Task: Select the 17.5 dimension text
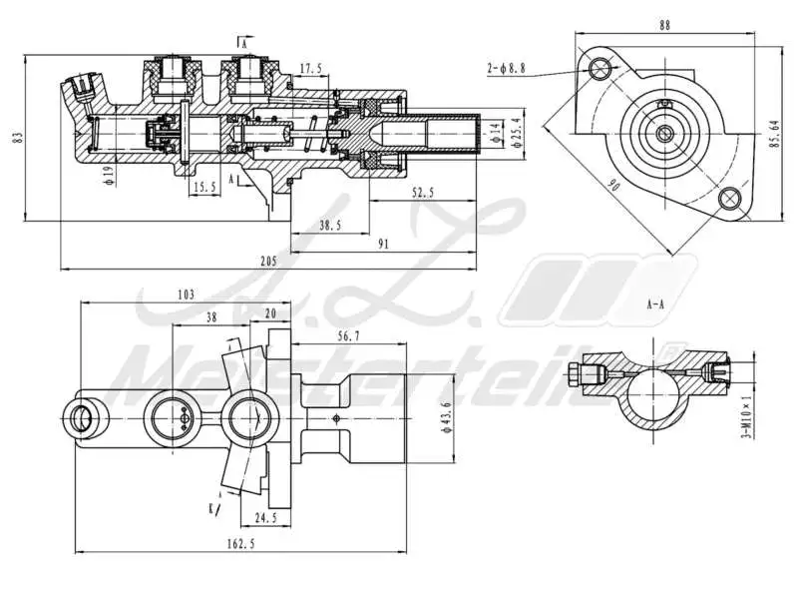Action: pyautogui.click(x=310, y=69)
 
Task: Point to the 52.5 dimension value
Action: pyautogui.click(x=421, y=194)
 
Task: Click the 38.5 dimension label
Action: pyautogui.click(x=330, y=227)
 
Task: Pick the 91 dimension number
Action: pyautogui.click(x=384, y=242)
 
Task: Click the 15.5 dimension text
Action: pyautogui.click(x=203, y=187)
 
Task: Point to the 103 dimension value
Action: pyautogui.click(x=185, y=294)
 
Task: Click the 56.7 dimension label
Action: pyautogui.click(x=348, y=337)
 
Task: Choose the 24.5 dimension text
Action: pyautogui.click(x=265, y=518)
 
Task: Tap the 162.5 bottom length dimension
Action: pyautogui.click(x=241, y=543)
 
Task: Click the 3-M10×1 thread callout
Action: pyautogui.click(x=745, y=416)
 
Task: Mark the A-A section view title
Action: pyautogui.click(x=655, y=302)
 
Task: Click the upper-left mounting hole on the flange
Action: pyautogui.click(x=600, y=68)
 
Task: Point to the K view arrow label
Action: pyautogui.click(x=211, y=507)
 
